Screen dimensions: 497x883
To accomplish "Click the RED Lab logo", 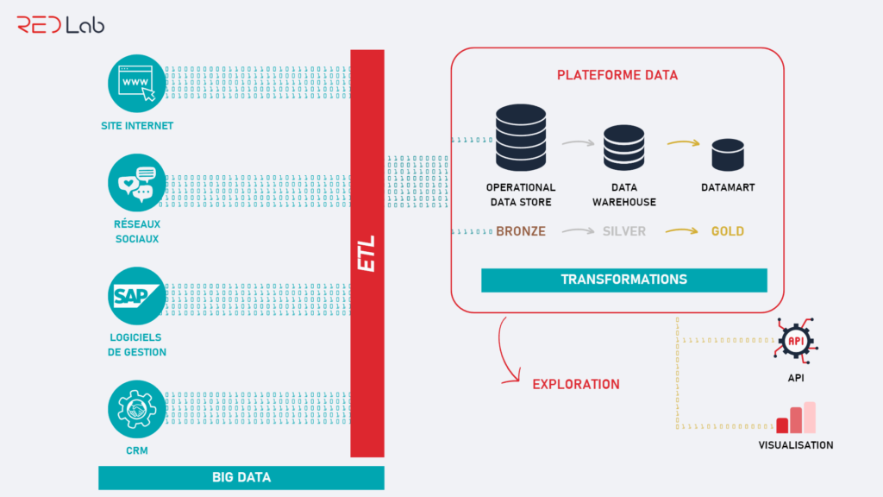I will point(60,24).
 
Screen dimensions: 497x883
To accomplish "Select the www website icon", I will point(136,83).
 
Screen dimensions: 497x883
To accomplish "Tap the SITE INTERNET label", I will point(136,126).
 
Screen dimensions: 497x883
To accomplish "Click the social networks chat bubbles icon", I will point(136,184).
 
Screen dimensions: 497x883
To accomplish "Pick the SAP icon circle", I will point(136,296).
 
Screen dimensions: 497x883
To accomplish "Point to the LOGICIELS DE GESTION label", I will point(136,345).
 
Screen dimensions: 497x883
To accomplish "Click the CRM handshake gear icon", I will point(136,412).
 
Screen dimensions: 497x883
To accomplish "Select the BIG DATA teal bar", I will point(241,477).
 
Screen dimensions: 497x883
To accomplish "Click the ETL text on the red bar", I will point(367,253).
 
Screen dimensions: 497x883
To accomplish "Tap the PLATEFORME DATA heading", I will point(617,75).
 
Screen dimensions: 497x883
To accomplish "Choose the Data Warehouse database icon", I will point(623,148).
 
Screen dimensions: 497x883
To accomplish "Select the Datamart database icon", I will point(727,154).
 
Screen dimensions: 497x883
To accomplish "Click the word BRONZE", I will point(521,231).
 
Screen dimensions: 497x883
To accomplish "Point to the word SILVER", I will point(623,231).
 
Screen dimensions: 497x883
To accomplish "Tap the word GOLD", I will point(727,231).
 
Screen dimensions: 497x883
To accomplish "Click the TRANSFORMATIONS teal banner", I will point(623,280).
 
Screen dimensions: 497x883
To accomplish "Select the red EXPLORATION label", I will point(576,384).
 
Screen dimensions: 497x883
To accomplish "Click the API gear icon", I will point(796,341).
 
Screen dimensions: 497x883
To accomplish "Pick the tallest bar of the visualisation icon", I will point(810,418).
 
